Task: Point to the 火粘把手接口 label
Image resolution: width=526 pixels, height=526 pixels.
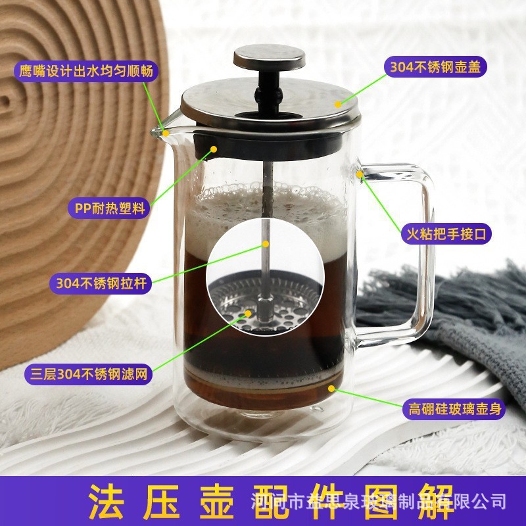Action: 447,233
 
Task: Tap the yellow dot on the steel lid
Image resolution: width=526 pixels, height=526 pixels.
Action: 337,103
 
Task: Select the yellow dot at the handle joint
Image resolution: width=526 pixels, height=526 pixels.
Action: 361,174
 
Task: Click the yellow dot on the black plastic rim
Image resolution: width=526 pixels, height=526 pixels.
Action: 214,150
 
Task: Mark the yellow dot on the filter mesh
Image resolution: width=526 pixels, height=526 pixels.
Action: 249,313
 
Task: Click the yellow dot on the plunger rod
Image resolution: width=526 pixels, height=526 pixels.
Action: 261,247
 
